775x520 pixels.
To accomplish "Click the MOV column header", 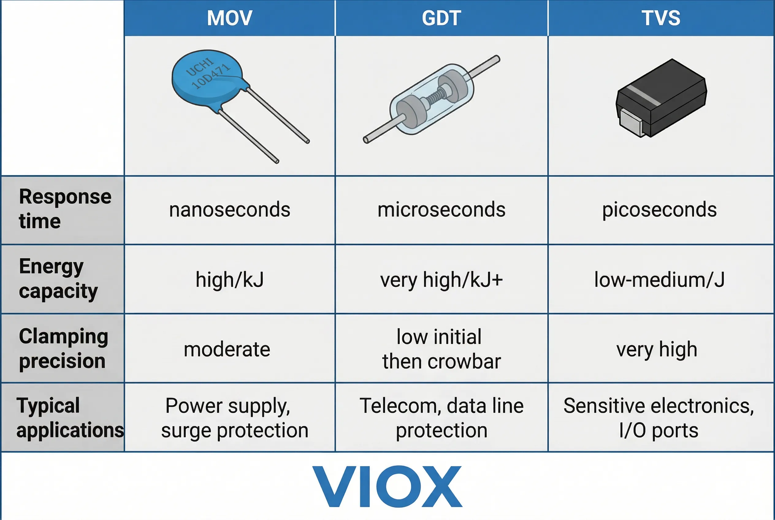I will (x=230, y=18).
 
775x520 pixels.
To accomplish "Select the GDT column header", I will (x=441, y=18).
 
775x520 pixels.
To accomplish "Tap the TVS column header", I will (x=661, y=18).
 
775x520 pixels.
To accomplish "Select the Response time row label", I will (x=65, y=209).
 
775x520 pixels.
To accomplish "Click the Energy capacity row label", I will (x=58, y=279).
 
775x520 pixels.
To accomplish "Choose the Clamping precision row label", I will (x=63, y=348).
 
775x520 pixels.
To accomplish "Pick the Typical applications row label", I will (x=70, y=418).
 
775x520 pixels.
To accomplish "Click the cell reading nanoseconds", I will (x=230, y=210).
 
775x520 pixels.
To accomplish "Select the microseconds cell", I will (x=441, y=210).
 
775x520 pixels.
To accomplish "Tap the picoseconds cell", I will (x=659, y=210).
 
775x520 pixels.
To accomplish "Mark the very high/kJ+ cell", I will (x=441, y=280).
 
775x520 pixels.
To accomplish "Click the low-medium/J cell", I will (x=659, y=280).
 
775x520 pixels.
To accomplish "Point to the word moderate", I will (x=227, y=349).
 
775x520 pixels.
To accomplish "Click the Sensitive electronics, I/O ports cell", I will (x=659, y=418).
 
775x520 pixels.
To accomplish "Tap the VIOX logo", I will (x=387, y=486).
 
